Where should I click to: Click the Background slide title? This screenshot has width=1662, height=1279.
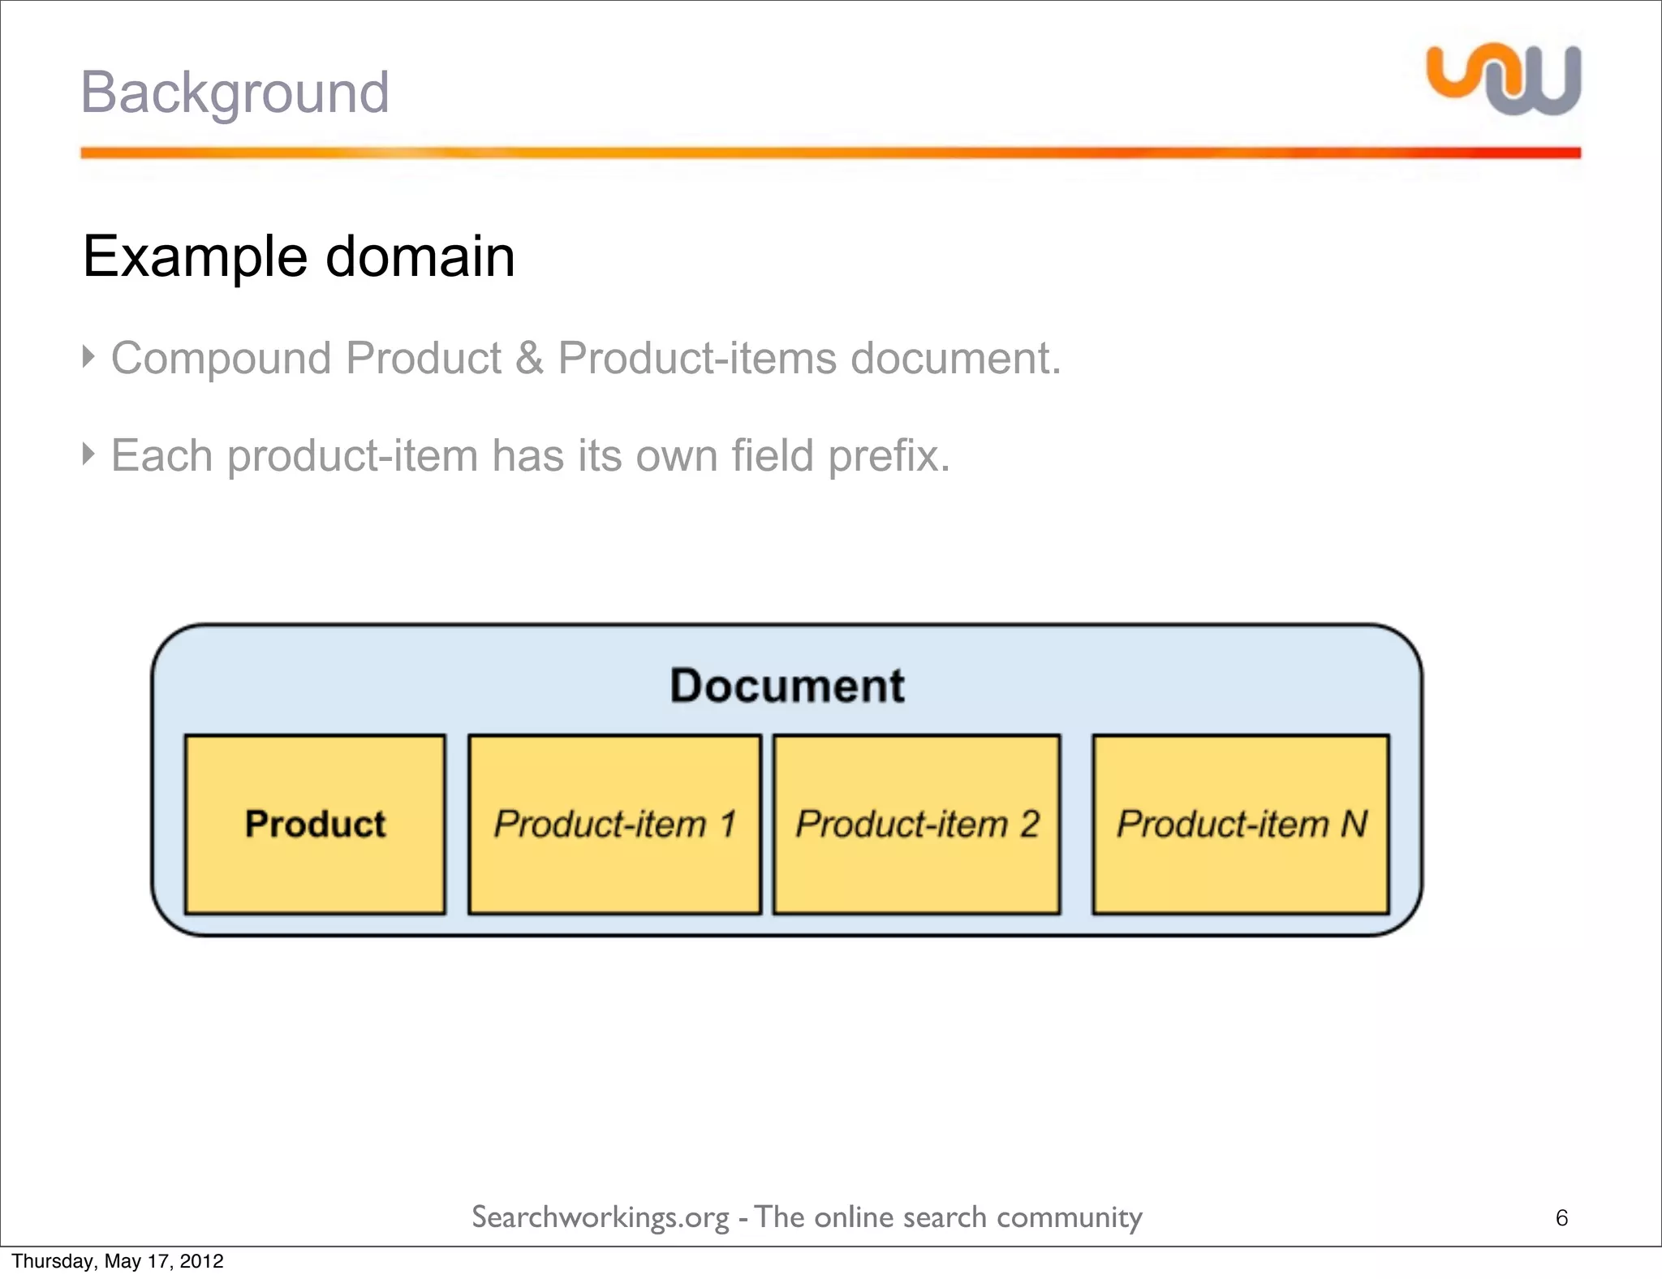(235, 93)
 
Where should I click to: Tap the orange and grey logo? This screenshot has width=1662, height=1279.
(1504, 80)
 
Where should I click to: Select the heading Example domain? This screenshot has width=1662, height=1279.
(299, 257)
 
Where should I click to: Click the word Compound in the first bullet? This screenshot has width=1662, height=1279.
(221, 359)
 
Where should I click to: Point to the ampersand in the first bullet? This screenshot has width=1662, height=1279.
(529, 358)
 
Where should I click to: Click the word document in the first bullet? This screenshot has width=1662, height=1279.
(955, 359)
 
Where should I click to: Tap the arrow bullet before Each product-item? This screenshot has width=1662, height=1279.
(88, 453)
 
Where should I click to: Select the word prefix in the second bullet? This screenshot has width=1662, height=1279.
(889, 455)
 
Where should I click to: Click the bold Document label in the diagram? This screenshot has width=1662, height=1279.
(786, 686)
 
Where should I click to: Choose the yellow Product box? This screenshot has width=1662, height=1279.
(315, 825)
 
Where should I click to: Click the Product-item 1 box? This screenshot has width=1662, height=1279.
(614, 825)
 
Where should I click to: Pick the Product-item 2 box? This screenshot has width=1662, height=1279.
(916, 825)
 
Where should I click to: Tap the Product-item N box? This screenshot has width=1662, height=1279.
(1241, 825)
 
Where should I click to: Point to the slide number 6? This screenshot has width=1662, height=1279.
(1561, 1218)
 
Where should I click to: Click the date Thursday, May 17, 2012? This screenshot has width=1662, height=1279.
(118, 1261)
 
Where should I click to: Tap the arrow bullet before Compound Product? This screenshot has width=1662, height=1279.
(88, 355)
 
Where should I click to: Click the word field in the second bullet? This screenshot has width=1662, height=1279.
(772, 455)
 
